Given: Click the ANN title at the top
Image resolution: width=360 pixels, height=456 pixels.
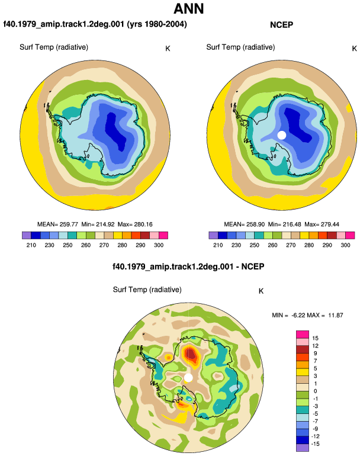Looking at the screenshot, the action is (x=189, y=8).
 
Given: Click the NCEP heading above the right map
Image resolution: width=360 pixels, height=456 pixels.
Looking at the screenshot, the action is (x=281, y=25).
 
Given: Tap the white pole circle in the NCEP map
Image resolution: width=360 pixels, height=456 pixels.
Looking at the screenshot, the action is (x=282, y=135).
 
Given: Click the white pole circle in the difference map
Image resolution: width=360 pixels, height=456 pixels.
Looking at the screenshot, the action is (x=188, y=378).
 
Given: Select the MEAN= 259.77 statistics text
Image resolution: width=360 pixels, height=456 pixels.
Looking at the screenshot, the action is (x=57, y=224).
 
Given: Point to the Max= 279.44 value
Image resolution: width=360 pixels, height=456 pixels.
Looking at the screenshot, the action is (x=322, y=224).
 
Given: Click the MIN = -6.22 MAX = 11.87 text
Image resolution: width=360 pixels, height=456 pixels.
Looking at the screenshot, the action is (x=307, y=315).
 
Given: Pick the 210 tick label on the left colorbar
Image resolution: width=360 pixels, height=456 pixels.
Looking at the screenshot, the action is (x=31, y=245).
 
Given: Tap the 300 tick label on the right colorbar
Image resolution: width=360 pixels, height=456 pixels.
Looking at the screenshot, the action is (x=345, y=245).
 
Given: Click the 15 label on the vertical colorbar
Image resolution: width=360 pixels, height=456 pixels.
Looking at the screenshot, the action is (x=315, y=338).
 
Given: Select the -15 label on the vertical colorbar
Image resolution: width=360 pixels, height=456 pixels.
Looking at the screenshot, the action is (x=315, y=444).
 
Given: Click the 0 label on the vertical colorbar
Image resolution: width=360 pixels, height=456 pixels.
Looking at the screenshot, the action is (x=316, y=391).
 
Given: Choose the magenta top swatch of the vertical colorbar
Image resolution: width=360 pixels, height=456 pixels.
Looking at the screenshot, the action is (x=303, y=335).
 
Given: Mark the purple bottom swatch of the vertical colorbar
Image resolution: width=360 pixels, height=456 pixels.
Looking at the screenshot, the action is (x=303, y=448).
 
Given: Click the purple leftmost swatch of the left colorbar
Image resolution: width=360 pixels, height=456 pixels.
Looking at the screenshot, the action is (x=27, y=235).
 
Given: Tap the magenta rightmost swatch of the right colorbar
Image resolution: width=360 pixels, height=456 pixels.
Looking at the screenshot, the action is (x=350, y=235).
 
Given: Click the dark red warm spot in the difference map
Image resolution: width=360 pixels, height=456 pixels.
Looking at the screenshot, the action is (x=191, y=354).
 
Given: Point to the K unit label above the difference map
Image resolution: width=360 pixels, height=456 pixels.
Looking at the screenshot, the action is (x=261, y=291).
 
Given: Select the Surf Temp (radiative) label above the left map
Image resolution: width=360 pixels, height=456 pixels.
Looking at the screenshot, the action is (x=54, y=47).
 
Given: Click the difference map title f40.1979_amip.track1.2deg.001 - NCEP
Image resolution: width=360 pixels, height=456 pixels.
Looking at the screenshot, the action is (x=188, y=266).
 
